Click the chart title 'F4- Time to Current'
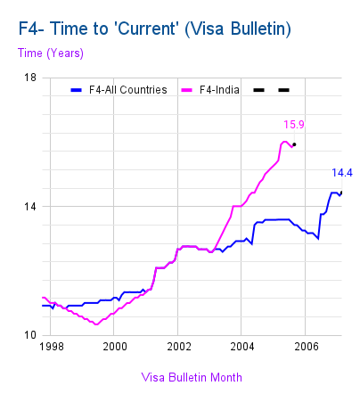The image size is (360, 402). point(154,29)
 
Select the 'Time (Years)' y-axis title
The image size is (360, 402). point(51,53)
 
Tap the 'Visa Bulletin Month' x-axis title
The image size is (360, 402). point(192,377)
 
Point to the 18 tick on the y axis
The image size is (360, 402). point(30,78)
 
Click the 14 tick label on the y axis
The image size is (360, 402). point(30,206)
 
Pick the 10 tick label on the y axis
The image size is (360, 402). point(30,335)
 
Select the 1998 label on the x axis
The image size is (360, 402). point(52,347)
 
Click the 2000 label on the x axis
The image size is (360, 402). point(115,347)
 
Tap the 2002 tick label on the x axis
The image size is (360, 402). point(179,347)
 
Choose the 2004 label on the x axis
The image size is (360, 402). point(242,347)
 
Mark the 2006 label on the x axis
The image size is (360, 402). point(307,347)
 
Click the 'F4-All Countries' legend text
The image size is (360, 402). point(128,90)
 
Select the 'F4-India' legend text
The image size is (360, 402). point(219,90)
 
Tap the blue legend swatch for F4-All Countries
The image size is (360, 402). point(77,90)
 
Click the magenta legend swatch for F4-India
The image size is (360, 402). point(187,90)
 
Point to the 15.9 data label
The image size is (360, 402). point(294,125)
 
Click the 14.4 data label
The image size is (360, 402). point(342,173)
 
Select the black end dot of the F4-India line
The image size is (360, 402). point(294,144)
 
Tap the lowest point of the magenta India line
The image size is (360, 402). point(96,324)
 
